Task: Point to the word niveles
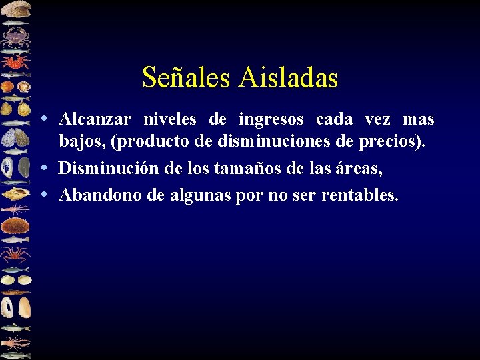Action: click(170, 120)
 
